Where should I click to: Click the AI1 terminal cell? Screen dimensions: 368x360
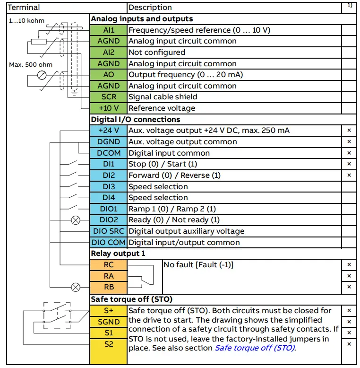109,30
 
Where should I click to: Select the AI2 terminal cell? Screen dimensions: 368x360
109,52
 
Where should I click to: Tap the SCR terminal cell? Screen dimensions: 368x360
109,97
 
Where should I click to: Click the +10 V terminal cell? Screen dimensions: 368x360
109,108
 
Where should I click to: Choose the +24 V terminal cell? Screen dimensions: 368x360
109,131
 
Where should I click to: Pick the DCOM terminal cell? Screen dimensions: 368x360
109,153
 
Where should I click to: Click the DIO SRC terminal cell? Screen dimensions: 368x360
109,231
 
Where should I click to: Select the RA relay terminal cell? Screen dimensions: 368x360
109,276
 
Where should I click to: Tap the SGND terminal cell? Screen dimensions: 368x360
109,322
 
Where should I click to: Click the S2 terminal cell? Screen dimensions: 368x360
109,344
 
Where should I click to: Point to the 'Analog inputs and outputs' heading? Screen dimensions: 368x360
142,19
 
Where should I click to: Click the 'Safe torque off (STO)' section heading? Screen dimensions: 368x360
131,299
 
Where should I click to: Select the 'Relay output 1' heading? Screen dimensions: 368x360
118,254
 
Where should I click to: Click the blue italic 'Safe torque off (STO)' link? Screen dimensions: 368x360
255,348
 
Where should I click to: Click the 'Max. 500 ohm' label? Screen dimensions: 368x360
31,64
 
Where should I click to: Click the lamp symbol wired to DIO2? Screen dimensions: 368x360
74,220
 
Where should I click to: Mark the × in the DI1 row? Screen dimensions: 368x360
349,164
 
